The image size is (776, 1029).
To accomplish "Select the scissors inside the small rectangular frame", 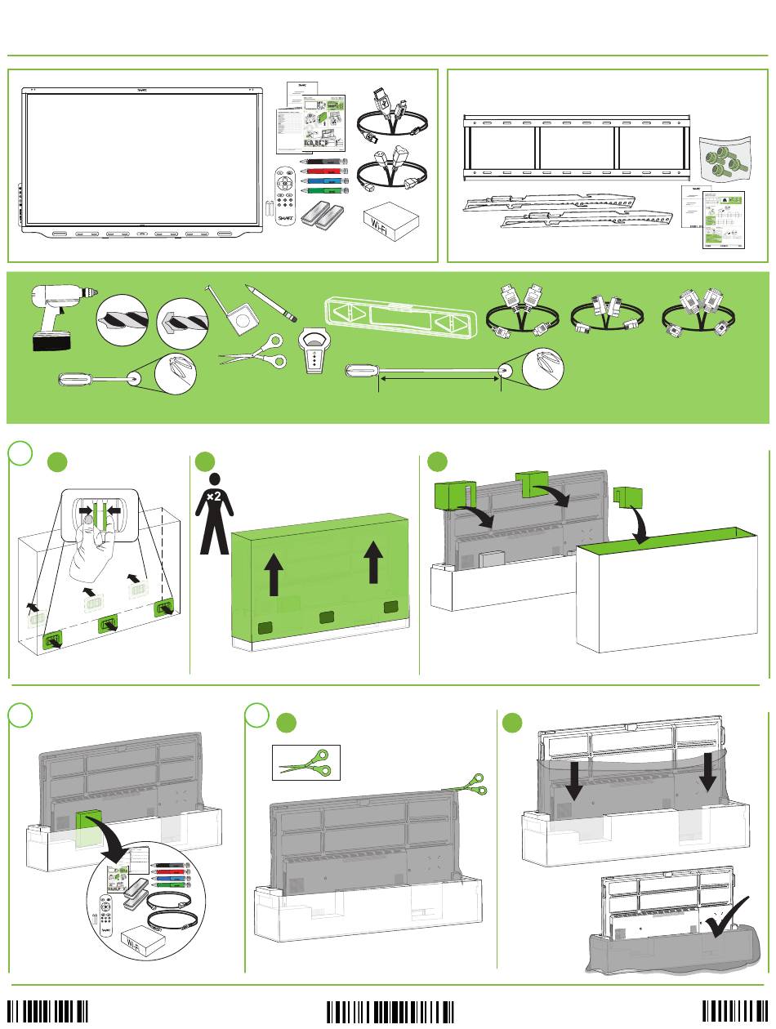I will [x=305, y=763].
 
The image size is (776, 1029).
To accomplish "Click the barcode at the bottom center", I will [x=390, y=1011].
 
